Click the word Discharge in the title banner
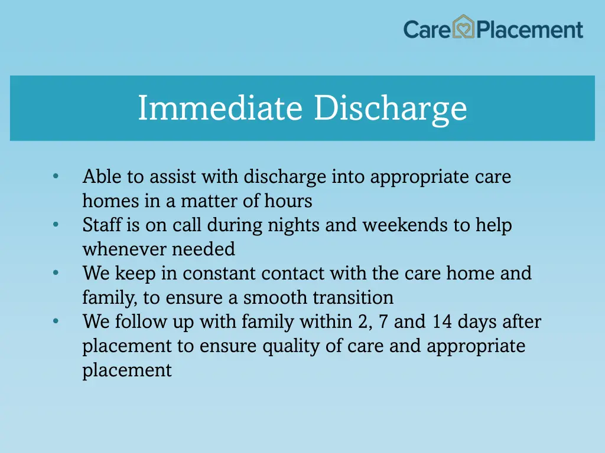tap(391, 109)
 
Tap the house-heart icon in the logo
tap(464, 27)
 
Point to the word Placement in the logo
tap(530, 29)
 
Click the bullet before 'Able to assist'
tap(56, 176)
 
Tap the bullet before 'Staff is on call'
tap(56, 225)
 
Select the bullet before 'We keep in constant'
tap(56, 273)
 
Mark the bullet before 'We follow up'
tap(56, 321)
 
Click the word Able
tap(99, 176)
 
